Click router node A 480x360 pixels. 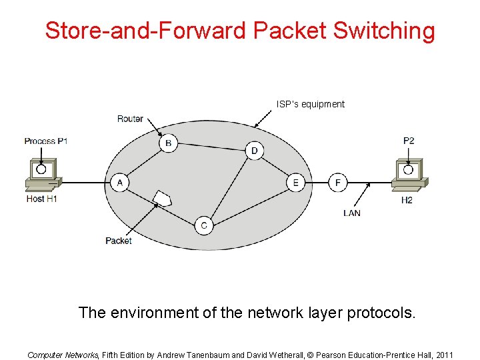tap(119, 183)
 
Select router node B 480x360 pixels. tap(169, 143)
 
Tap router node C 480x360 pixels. tap(204, 225)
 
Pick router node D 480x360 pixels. tap(254, 151)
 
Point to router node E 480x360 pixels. tap(295, 183)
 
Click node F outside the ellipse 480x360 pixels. tap(337, 183)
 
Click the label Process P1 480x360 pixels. tap(46, 141)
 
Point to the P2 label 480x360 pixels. tap(409, 141)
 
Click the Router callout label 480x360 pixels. tap(130, 119)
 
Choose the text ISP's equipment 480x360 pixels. tap(311, 104)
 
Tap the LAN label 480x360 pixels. tap(352, 213)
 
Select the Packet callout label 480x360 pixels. tap(119, 241)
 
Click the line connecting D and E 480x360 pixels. tap(275, 167)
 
